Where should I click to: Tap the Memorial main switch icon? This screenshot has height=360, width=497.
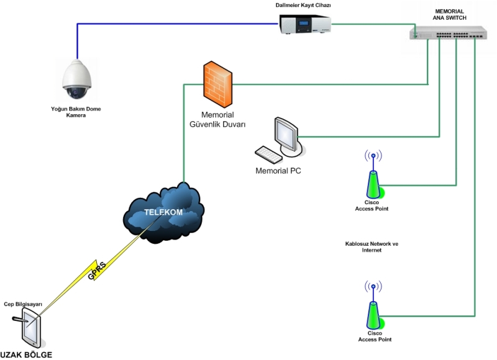[448, 34]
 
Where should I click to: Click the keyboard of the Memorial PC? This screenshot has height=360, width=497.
[270, 153]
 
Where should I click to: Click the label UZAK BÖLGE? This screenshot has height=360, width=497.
[26, 355]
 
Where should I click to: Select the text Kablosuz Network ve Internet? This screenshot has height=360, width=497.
[372, 247]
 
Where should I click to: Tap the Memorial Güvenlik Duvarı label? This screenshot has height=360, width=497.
[217, 119]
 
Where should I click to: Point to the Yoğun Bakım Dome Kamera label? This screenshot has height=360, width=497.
[76, 112]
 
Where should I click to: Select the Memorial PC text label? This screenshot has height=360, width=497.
[278, 169]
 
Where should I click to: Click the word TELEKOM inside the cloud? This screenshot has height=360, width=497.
[163, 212]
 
